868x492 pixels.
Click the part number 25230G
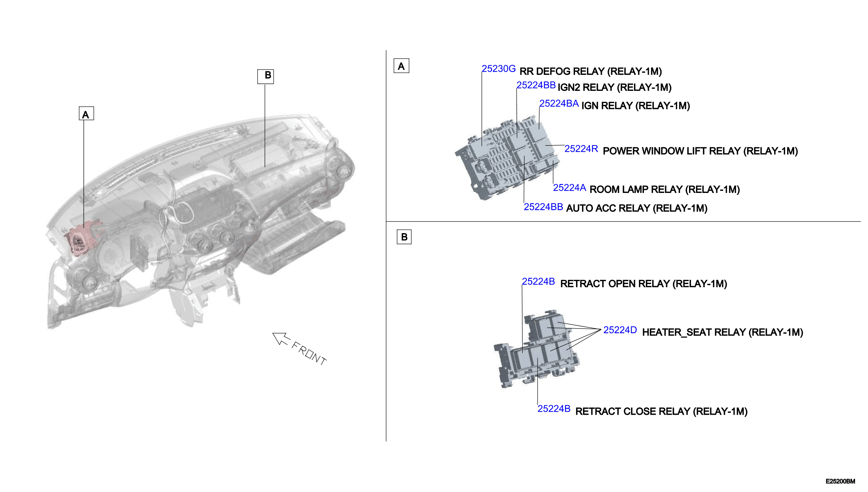498,69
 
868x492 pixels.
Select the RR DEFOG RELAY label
590,72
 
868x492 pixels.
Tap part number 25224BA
559,103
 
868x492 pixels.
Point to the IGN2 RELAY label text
614,88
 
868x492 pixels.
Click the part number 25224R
581,149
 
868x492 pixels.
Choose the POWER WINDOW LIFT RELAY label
700,151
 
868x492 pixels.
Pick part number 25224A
569,188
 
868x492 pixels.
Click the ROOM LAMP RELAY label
665,190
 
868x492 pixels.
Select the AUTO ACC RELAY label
637,208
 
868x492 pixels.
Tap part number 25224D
620,330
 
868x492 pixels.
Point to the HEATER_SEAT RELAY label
723,332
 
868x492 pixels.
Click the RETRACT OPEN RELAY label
643,284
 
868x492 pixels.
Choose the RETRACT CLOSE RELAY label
661,411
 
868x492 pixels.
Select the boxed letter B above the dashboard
265,76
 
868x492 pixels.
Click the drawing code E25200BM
840,481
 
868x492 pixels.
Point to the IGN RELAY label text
635,106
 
